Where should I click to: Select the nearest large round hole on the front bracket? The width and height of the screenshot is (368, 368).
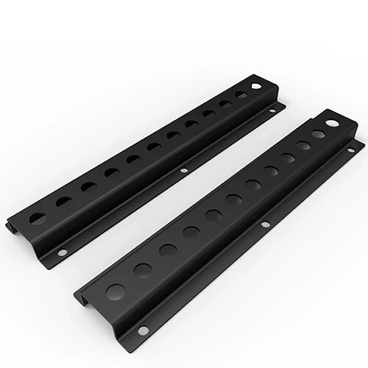tap(116, 291)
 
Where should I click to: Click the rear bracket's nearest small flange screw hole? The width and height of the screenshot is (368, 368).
tap(63, 252)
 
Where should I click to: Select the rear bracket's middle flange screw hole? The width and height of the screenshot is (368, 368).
tap(184, 171)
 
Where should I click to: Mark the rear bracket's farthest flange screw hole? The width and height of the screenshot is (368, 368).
tap(272, 111)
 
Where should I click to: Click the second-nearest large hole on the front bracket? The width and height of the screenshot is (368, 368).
tap(143, 269)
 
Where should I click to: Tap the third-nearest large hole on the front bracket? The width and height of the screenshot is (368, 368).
tap(167, 250)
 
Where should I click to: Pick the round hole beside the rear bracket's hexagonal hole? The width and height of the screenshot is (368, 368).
tap(241, 95)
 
